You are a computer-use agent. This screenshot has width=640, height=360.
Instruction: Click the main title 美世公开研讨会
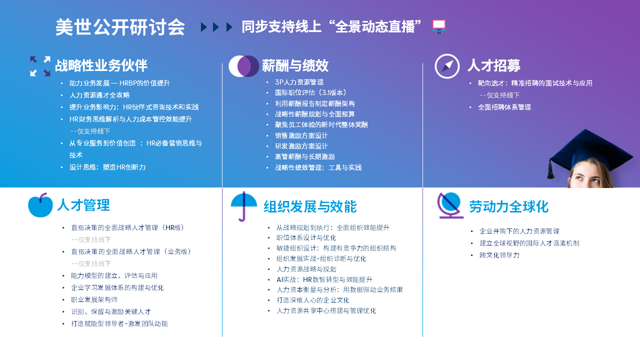pyautogui.click(x=120, y=27)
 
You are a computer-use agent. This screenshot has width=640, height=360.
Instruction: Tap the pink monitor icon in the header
pyautogui.click(x=439, y=26)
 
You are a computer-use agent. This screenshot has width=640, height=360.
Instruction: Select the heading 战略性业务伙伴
pyautogui.click(x=101, y=65)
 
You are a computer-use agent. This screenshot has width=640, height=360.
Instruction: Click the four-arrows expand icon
pyautogui.click(x=40, y=66)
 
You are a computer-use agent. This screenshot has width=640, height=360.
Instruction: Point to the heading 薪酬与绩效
pyautogui.click(x=295, y=65)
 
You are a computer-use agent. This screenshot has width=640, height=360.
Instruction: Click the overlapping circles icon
pyautogui.click(x=243, y=66)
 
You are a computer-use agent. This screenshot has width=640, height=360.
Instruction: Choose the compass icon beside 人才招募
pyautogui.click(x=447, y=66)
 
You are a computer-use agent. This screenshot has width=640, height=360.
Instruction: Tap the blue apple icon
pyautogui.click(x=40, y=205)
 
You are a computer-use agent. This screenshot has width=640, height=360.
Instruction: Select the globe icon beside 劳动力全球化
pyautogui.click(x=450, y=205)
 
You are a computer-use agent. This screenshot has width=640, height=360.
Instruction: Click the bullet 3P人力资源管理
pyautogui.click(x=299, y=82)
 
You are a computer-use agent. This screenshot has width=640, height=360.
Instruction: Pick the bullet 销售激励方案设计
pyautogui.click(x=301, y=135)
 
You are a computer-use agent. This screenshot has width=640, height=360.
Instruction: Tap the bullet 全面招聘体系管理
pyautogui.click(x=504, y=107)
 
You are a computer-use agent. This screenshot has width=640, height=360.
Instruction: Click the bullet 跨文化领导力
pyautogui.click(x=499, y=255)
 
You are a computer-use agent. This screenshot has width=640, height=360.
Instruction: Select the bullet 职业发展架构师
pyautogui.click(x=94, y=299)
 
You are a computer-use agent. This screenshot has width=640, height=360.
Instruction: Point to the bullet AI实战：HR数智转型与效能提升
pyautogui.click(x=324, y=279)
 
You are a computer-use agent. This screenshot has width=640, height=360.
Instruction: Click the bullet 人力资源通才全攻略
pyautogui.click(x=99, y=95)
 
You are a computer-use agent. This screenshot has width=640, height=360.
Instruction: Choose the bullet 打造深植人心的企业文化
pyautogui.click(x=312, y=300)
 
